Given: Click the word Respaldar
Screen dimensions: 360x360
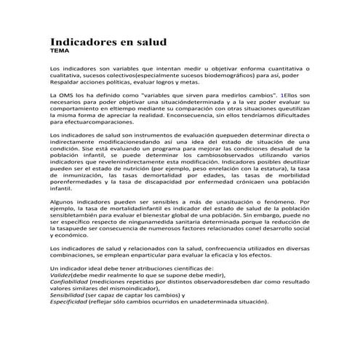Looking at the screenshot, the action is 65,82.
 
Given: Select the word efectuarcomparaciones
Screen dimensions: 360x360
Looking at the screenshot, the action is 95,124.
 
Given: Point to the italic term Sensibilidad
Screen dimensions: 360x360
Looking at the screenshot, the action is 68,296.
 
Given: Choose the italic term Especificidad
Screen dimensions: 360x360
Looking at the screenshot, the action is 69,303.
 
